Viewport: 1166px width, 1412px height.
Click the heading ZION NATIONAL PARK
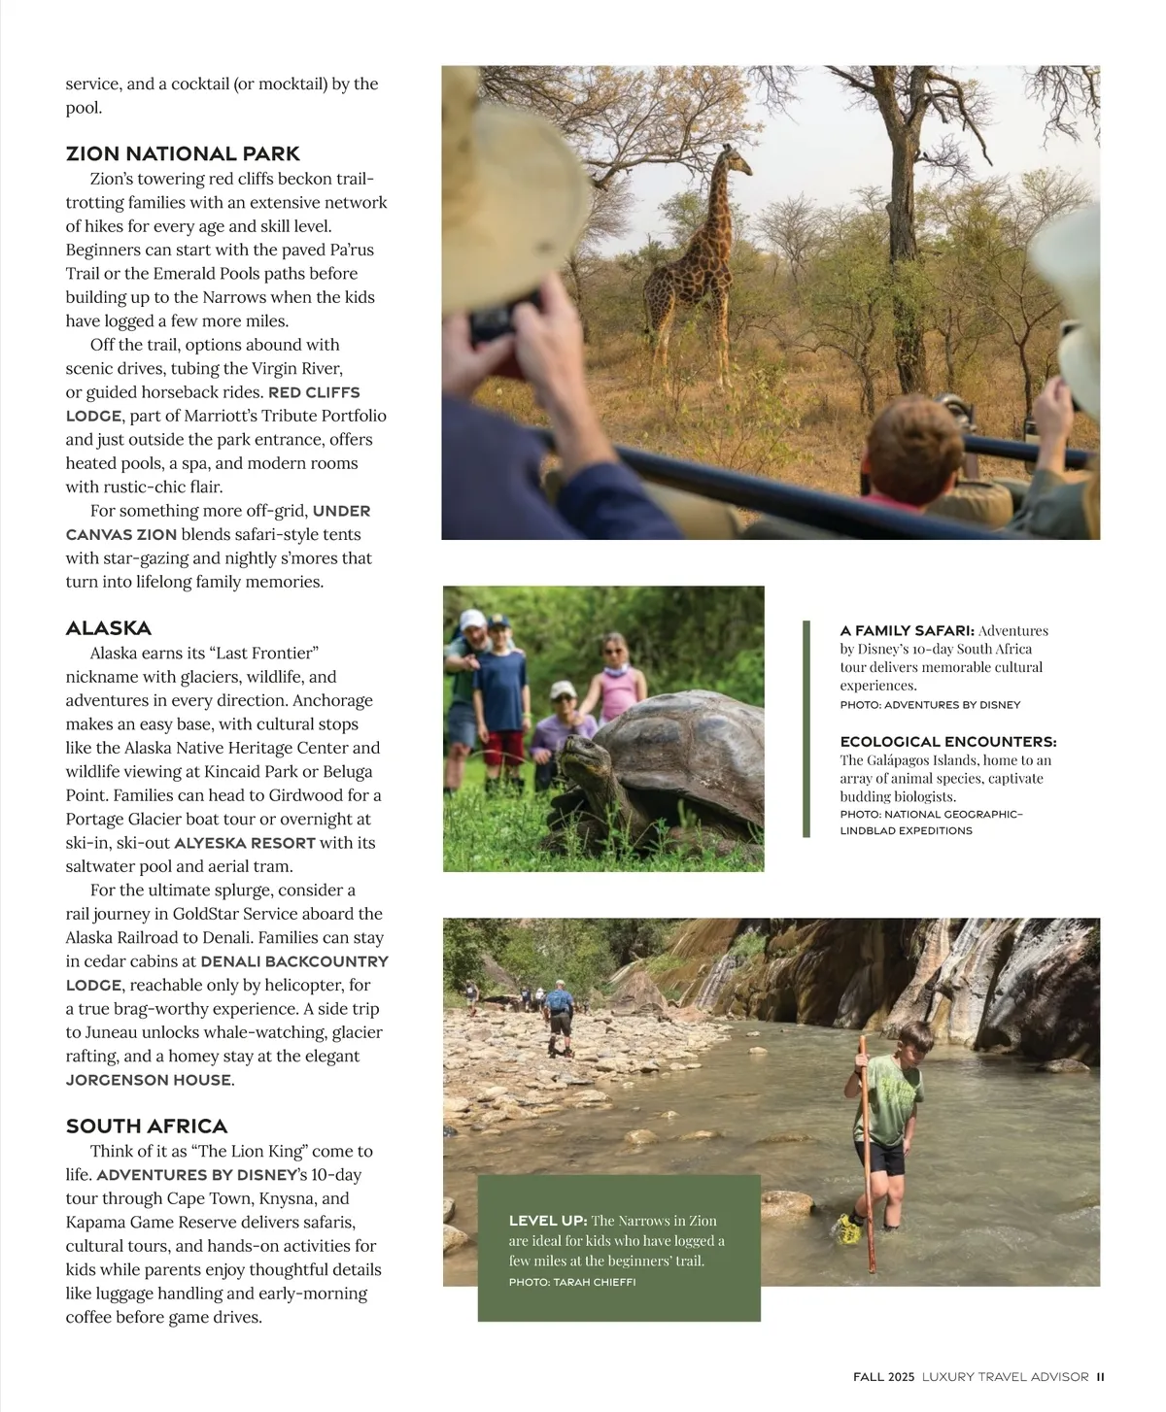[x=183, y=153]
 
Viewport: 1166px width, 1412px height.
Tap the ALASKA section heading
[x=109, y=628]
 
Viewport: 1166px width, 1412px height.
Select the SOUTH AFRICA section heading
[x=147, y=1126]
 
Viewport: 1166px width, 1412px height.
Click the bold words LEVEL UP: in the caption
[x=548, y=1221]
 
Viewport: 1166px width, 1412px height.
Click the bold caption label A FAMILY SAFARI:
[x=908, y=630]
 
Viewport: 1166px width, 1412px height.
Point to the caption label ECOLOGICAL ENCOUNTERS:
[x=948, y=742]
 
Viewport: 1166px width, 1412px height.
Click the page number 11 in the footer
[x=1101, y=1376]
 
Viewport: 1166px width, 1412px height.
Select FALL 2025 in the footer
[x=883, y=1376]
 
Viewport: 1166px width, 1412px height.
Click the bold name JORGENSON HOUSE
[x=149, y=1080]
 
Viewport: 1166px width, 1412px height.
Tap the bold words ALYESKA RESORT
[x=245, y=843]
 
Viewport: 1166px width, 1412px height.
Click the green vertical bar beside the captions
[x=806, y=728]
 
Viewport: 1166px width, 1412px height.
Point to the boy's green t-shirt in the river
[x=892, y=1097]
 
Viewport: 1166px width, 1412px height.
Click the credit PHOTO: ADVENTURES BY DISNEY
[x=930, y=704]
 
